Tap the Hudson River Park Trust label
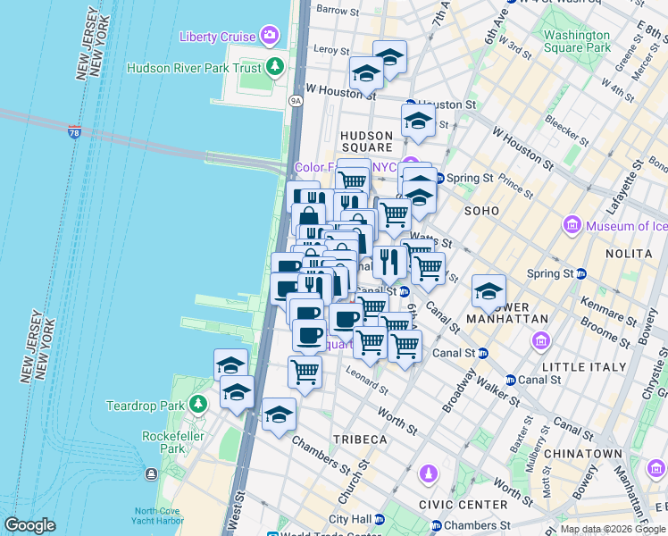pyautogui.click(x=194, y=68)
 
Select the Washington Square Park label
pyautogui.click(x=577, y=41)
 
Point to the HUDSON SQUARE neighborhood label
pyautogui.click(x=366, y=141)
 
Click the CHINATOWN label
pyautogui.click(x=586, y=454)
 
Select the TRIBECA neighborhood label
pyautogui.click(x=360, y=440)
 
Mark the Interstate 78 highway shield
pyautogui.click(x=74, y=132)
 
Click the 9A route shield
pyautogui.click(x=296, y=101)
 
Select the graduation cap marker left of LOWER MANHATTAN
pyautogui.click(x=488, y=291)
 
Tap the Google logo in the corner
pyautogui.click(x=29, y=525)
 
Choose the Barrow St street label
pyautogui.click(x=338, y=11)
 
